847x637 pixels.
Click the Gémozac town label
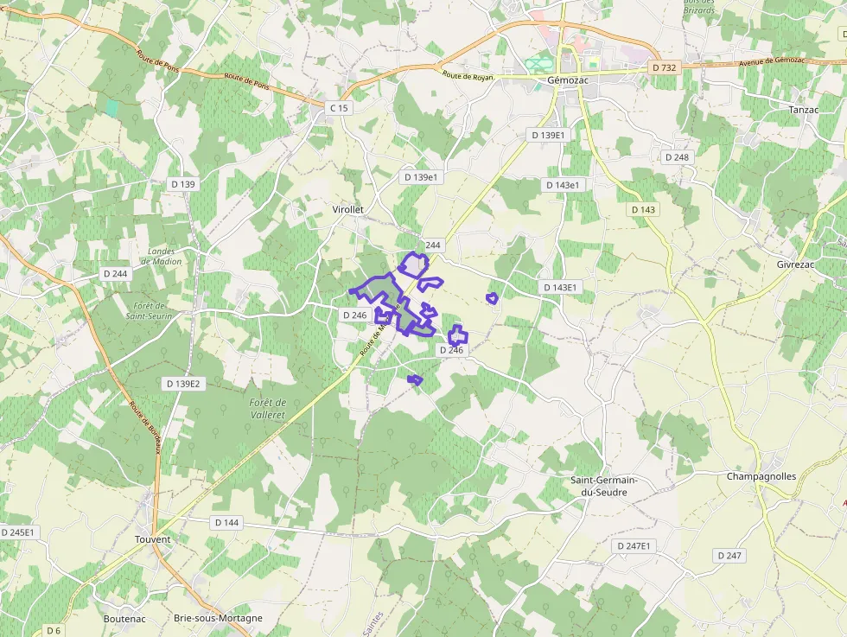pyautogui.click(x=568, y=80)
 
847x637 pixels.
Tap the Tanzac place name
pyautogui.click(x=803, y=110)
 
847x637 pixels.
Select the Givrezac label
pyautogui.click(x=797, y=264)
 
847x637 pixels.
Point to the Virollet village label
pyautogui.click(x=348, y=209)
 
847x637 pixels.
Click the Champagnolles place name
pyautogui.click(x=761, y=476)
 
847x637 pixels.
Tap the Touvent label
pyautogui.click(x=153, y=539)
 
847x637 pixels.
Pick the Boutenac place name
pyautogui.click(x=124, y=618)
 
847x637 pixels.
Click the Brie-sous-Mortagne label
pyautogui.click(x=218, y=618)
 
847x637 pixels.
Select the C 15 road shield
pyautogui.click(x=339, y=108)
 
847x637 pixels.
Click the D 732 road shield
pyautogui.click(x=665, y=67)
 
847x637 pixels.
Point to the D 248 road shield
pyautogui.click(x=677, y=157)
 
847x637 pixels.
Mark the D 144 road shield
pyautogui.click(x=226, y=523)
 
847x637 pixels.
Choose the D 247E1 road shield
pyautogui.click(x=634, y=546)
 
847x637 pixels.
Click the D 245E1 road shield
pyautogui.click(x=17, y=532)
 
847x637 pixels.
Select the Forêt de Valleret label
pyautogui.click(x=267, y=409)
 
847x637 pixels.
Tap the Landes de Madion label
pyautogui.click(x=162, y=257)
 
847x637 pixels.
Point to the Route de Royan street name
pyautogui.click(x=468, y=75)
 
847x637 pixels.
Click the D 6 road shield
pyautogui.click(x=54, y=630)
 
